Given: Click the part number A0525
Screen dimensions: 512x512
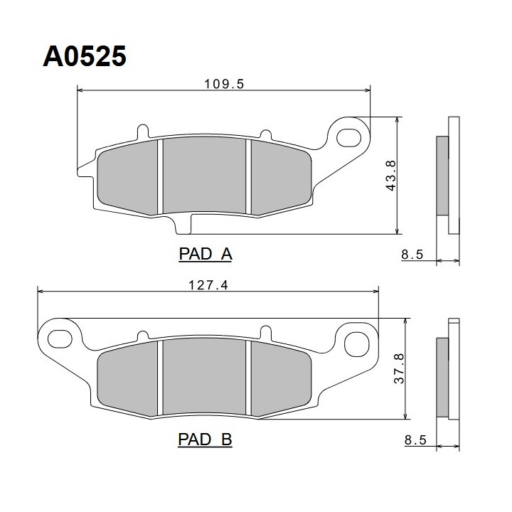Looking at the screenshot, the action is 85,56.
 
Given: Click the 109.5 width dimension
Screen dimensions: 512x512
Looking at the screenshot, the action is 224,84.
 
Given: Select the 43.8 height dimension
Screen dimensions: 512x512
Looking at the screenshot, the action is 390,176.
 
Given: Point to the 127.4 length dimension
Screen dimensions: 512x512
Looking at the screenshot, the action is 208,285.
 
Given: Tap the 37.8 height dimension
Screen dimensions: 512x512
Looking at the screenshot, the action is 399,368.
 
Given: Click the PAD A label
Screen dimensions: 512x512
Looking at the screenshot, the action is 206,254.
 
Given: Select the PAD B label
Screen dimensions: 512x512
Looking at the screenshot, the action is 205,439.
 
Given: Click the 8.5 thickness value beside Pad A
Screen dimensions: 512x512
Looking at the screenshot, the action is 412,254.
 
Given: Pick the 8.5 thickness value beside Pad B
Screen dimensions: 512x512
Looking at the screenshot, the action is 415,440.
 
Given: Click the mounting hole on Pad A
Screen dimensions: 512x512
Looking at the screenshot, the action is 348,138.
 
